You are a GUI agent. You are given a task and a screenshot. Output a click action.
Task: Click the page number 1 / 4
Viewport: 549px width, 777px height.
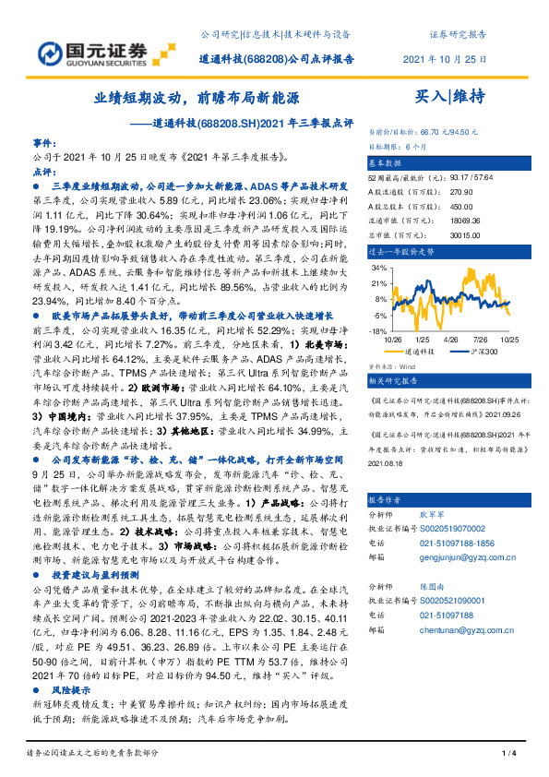[507, 756]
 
